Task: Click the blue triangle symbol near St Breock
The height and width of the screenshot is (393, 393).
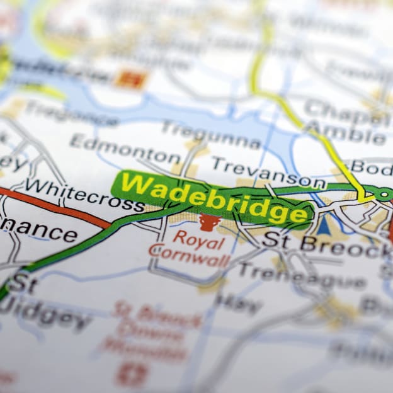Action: (x=324, y=225)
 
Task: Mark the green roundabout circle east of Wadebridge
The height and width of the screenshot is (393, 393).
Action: (x=384, y=194)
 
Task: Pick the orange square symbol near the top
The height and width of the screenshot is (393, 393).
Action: (x=131, y=79)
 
